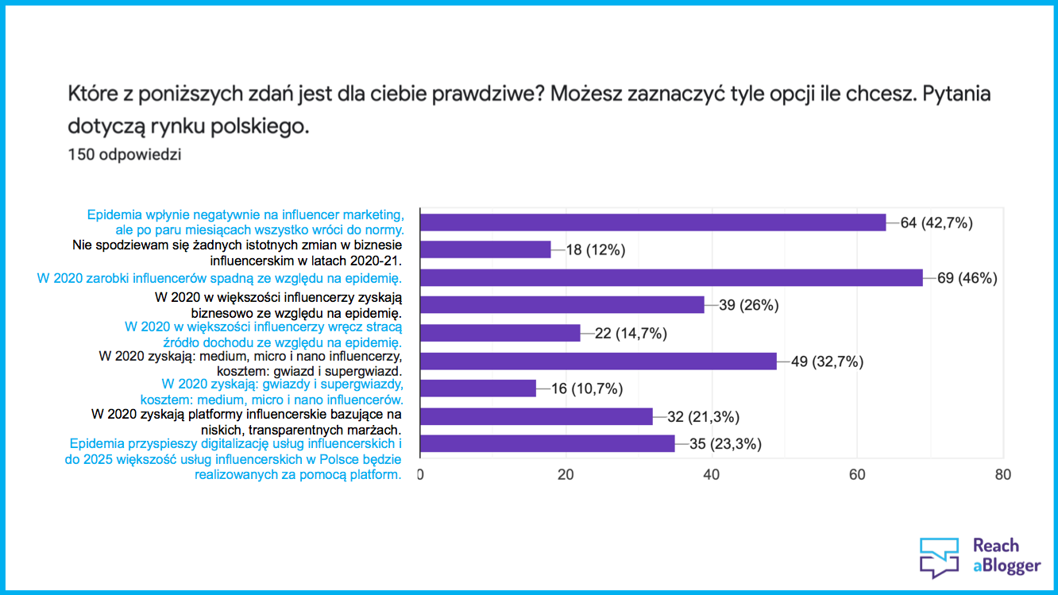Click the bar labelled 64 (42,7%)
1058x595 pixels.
[652, 222]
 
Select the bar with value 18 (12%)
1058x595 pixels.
[485, 249]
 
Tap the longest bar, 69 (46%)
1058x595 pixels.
[670, 277]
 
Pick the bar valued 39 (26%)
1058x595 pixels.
[562, 305]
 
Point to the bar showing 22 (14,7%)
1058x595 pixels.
[500, 333]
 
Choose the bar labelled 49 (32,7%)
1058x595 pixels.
[598, 361]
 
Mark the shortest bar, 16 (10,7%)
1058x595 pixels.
[477, 388]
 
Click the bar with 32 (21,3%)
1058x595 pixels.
[536, 416]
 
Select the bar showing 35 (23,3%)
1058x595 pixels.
[546, 444]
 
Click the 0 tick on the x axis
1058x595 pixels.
[420, 475]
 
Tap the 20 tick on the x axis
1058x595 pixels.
[566, 475]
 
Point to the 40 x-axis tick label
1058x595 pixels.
[712, 475]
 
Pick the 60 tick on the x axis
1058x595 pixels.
[857, 475]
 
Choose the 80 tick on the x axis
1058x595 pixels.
[1003, 475]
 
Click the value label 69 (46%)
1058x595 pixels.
[967, 278]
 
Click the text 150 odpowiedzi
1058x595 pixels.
[125, 155]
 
